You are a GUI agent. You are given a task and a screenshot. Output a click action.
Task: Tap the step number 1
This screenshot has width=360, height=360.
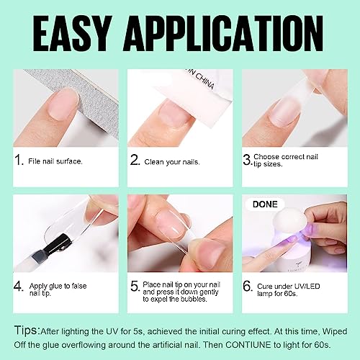17,161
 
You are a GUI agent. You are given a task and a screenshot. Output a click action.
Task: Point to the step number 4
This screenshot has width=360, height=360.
17,286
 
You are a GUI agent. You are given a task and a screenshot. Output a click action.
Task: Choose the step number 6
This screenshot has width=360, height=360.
248,286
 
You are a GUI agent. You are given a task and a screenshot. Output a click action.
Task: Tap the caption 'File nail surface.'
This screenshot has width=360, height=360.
57,161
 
